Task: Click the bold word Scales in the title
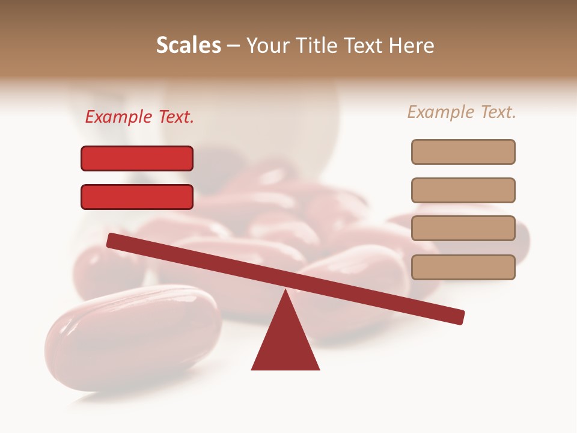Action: [188, 46]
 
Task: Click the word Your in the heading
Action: [267, 46]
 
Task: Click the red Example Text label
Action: [139, 117]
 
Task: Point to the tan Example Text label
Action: [462, 112]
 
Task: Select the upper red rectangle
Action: [137, 159]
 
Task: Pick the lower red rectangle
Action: [137, 197]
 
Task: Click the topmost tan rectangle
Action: [463, 152]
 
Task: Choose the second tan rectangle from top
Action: [463, 190]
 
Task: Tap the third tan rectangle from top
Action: [463, 229]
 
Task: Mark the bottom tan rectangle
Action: [463, 267]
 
